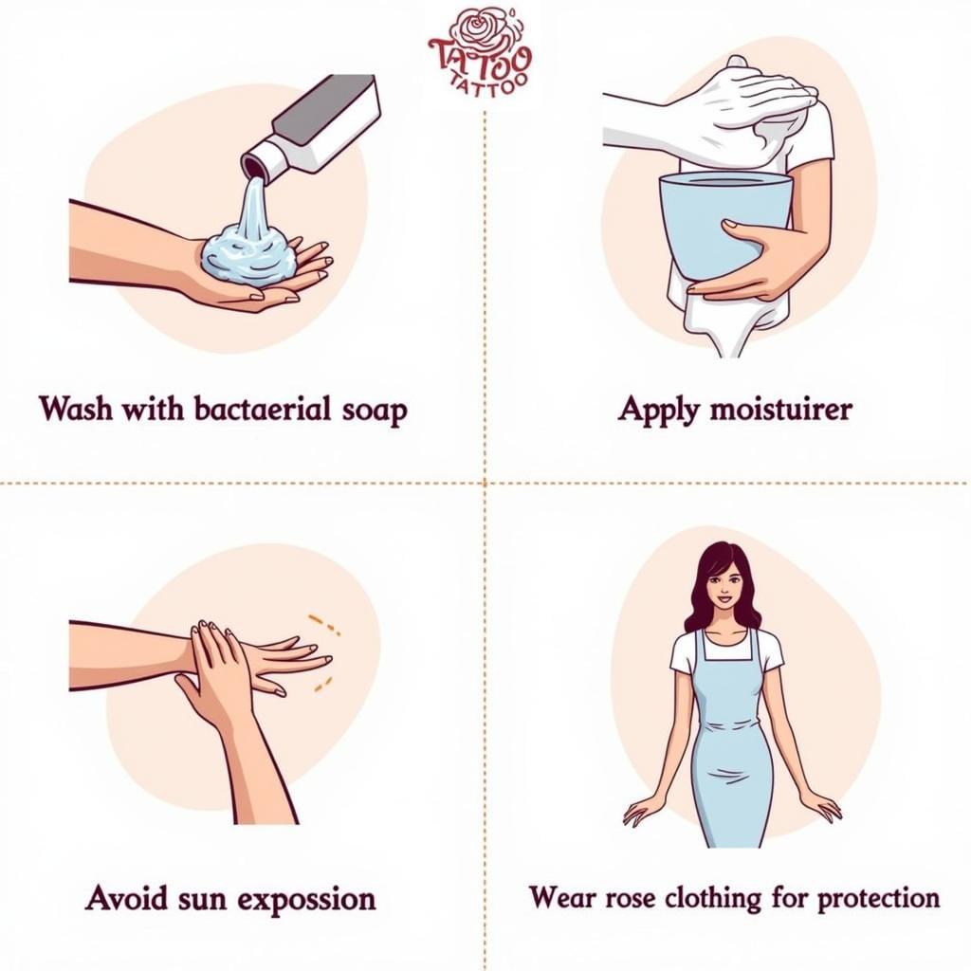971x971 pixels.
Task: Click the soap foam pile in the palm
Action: (x=249, y=251)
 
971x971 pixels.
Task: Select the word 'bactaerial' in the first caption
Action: (x=262, y=410)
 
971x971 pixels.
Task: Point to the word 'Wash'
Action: (x=76, y=410)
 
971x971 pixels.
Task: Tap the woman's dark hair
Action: (x=702, y=588)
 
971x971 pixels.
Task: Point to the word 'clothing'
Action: (x=724, y=897)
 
